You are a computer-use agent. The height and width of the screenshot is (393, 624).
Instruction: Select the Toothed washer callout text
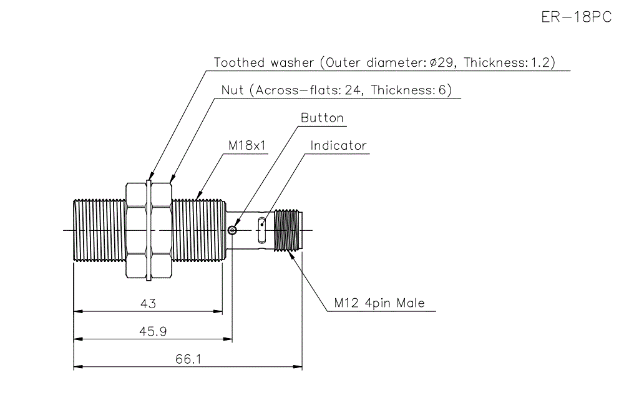384,62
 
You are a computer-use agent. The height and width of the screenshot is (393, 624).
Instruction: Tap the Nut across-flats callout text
336,90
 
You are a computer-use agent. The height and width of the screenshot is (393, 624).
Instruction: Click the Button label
322,118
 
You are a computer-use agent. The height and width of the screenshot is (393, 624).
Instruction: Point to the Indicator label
339,146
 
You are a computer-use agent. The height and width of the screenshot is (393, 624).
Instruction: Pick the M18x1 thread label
246,145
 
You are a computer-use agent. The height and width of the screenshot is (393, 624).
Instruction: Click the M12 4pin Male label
379,303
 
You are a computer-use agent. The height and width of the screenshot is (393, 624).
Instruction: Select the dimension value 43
148,304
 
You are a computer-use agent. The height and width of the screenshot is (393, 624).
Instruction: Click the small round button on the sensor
233,231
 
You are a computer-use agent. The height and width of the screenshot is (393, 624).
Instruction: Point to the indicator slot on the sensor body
262,230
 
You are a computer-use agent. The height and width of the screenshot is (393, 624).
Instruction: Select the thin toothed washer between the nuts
149,230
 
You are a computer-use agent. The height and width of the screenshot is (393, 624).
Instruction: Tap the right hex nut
160,230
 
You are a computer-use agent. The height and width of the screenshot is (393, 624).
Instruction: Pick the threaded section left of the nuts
99,230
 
